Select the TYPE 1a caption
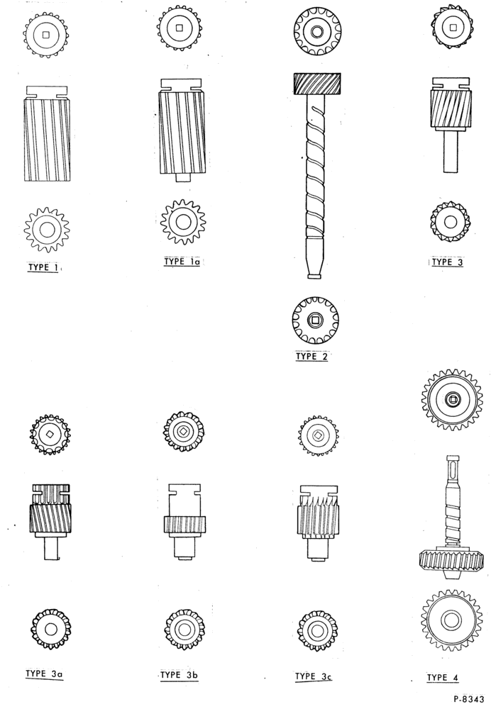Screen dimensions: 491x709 (182, 262)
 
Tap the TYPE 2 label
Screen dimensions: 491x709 (311, 357)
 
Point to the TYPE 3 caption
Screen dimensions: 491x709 (447, 262)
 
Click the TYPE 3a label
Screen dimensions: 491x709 (44, 674)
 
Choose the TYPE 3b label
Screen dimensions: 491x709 (180, 675)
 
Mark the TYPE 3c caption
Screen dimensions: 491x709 (313, 676)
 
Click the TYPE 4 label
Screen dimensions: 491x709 (443, 677)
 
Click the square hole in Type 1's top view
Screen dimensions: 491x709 (45, 34)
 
